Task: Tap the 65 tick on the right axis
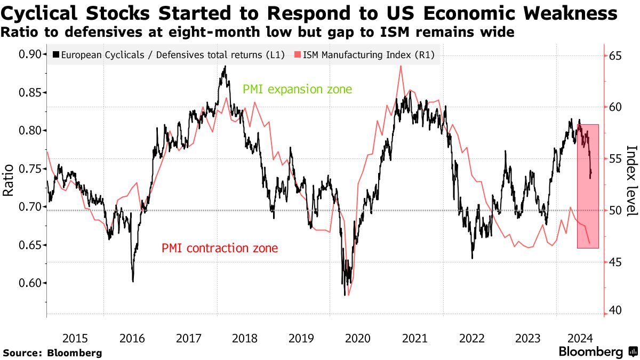616,55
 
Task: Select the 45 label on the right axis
616,262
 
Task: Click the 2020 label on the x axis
358,338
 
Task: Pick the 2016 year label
132,338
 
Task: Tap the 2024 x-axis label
579,338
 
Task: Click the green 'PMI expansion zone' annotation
297,89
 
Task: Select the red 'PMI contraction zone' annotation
219,248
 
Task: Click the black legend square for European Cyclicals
56,54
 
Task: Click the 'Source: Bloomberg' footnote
52,353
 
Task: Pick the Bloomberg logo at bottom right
597,352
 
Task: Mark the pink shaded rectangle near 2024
588,186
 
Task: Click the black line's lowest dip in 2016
133,281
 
